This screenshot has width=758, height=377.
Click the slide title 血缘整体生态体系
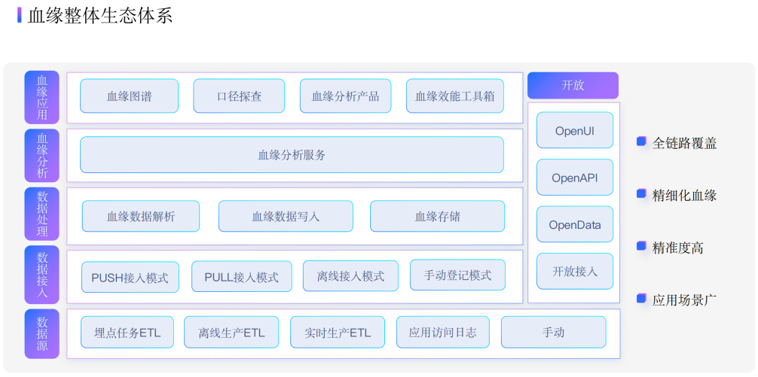(99, 16)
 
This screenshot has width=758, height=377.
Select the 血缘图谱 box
(129, 96)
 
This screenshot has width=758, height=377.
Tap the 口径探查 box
(239, 96)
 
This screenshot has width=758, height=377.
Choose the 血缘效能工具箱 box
(454, 96)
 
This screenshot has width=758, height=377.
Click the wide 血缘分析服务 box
(292, 155)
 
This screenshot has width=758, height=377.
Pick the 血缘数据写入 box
(286, 216)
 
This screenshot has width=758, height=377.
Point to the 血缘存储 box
(437, 216)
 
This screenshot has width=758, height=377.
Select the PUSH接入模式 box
(130, 277)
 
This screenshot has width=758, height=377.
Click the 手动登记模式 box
(457, 275)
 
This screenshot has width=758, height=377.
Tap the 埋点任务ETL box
(127, 332)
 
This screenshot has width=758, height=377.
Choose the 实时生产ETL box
(337, 332)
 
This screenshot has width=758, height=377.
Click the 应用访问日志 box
(442, 332)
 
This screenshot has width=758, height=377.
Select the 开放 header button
(573, 85)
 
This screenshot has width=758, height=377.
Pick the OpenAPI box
(574, 178)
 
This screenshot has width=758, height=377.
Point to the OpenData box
(574, 224)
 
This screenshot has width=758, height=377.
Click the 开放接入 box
(574, 271)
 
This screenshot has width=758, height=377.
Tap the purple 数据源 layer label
(41, 333)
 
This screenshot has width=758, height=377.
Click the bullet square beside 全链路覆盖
(641, 141)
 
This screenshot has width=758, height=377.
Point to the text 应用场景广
(684, 299)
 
